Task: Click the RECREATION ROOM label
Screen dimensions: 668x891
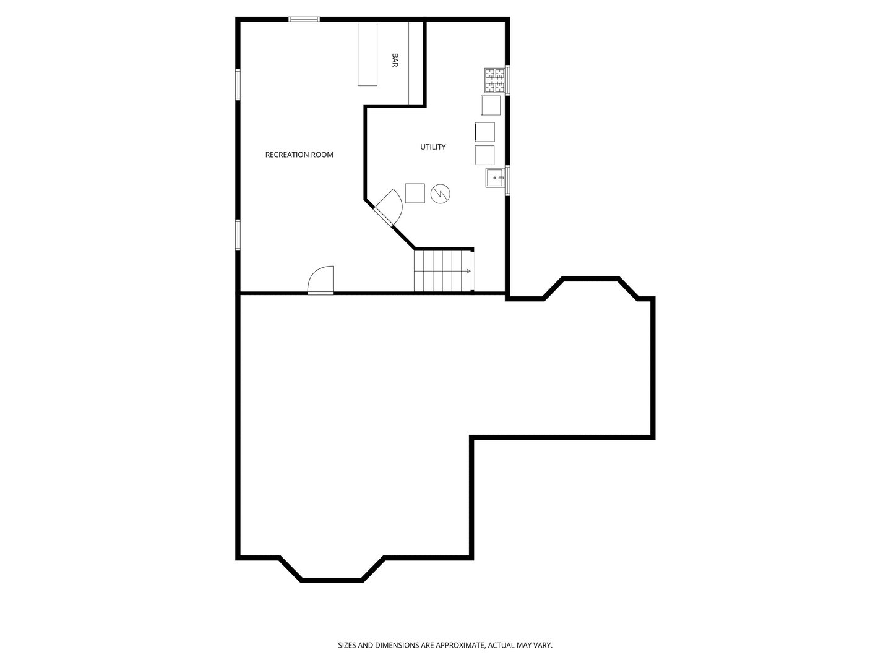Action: click(x=299, y=155)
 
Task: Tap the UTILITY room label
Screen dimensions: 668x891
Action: click(x=433, y=147)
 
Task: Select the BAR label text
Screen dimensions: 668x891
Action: click(x=395, y=60)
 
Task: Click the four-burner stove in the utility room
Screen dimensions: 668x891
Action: click(x=494, y=79)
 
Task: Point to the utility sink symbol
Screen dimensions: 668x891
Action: click(x=495, y=178)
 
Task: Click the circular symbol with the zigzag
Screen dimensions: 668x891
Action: click(x=441, y=193)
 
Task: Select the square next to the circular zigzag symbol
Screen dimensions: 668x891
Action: click(x=415, y=193)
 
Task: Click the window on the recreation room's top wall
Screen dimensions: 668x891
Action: click(x=304, y=19)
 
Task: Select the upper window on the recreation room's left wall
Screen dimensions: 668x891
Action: click(x=238, y=84)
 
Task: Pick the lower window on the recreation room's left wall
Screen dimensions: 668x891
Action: click(x=238, y=235)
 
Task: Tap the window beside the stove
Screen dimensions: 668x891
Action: click(x=507, y=79)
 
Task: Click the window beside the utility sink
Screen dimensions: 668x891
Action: click(x=507, y=181)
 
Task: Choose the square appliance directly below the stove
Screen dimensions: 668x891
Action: click(x=491, y=105)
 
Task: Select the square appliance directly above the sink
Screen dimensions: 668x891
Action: click(x=484, y=155)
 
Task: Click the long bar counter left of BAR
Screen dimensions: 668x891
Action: click(x=368, y=53)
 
